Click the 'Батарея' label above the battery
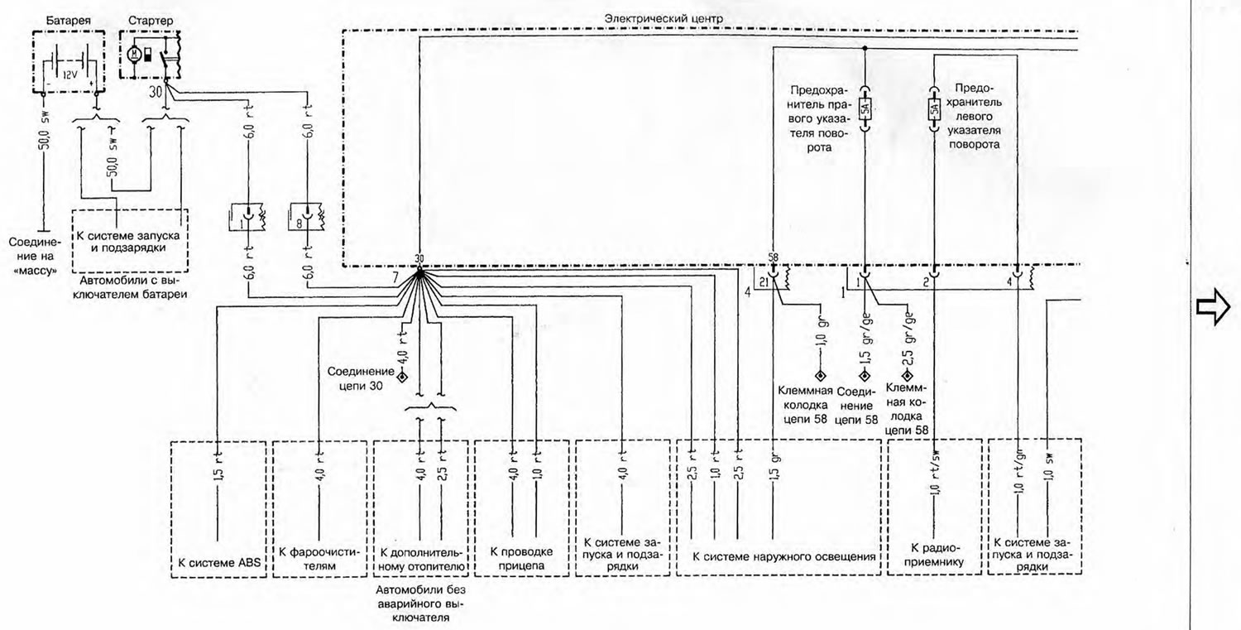click(x=68, y=21)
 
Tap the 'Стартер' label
click(x=151, y=21)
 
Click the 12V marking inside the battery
click(x=69, y=75)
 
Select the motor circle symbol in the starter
click(x=134, y=55)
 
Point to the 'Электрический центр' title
click(x=664, y=18)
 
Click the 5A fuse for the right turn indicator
click(x=865, y=109)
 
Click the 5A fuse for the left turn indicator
click(x=934, y=109)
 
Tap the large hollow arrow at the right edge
click(x=1214, y=306)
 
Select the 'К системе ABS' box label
click(x=219, y=563)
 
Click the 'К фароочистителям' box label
click(x=319, y=559)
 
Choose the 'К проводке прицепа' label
click(x=521, y=559)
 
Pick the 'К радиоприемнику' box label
click(x=934, y=555)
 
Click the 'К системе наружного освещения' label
click(x=784, y=556)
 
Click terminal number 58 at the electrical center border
click(x=774, y=257)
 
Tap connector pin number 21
click(x=764, y=283)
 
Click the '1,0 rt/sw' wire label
click(x=935, y=472)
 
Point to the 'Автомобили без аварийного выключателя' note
click(x=420, y=603)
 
